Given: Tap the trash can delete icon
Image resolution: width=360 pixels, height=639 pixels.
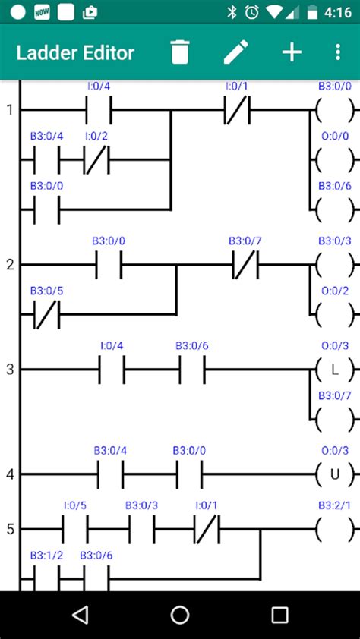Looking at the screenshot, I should [179, 52].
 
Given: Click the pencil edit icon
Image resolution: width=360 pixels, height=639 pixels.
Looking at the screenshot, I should [235, 52].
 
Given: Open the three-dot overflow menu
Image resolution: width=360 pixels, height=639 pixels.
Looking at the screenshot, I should [338, 52].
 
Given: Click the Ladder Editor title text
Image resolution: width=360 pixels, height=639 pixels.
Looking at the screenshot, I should [75, 52].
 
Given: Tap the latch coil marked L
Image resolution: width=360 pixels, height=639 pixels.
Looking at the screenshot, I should [334, 370].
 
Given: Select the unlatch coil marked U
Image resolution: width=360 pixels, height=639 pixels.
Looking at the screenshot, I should [334, 474].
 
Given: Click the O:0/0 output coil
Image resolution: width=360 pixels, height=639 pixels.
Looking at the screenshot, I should [334, 160].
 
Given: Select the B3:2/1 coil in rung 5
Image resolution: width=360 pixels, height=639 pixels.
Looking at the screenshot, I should [334, 528].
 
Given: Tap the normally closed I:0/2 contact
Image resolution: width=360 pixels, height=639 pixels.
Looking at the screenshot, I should [96, 160].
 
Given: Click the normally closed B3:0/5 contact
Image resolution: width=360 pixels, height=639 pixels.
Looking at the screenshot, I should [46, 313].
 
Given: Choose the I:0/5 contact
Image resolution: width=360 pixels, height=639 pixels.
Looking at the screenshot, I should [75, 528].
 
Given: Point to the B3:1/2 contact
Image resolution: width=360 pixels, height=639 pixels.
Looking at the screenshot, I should [46, 580].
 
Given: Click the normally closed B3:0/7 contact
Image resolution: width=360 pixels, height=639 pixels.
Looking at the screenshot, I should [245, 265].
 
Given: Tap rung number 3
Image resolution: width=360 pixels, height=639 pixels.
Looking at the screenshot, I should [10, 370].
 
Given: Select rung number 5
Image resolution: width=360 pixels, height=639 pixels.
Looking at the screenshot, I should [10, 528].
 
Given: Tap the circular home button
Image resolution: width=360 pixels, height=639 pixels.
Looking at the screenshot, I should [180, 615].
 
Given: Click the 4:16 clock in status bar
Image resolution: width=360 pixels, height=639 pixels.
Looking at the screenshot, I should [336, 12].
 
